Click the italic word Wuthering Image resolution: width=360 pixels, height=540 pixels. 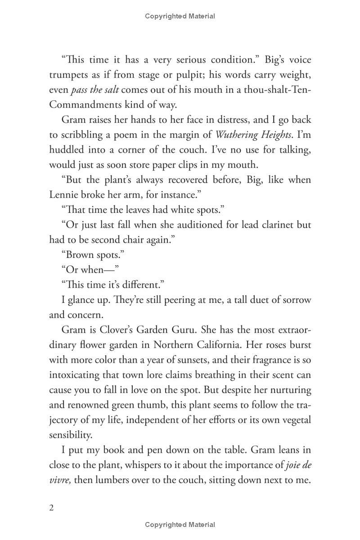pos(236,135)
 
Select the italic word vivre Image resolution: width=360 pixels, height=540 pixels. pos(60,480)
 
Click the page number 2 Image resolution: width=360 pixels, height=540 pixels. pos(51,508)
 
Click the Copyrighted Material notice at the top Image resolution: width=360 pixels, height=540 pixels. pos(180,16)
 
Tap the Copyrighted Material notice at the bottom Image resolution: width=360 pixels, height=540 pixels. pos(180,525)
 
